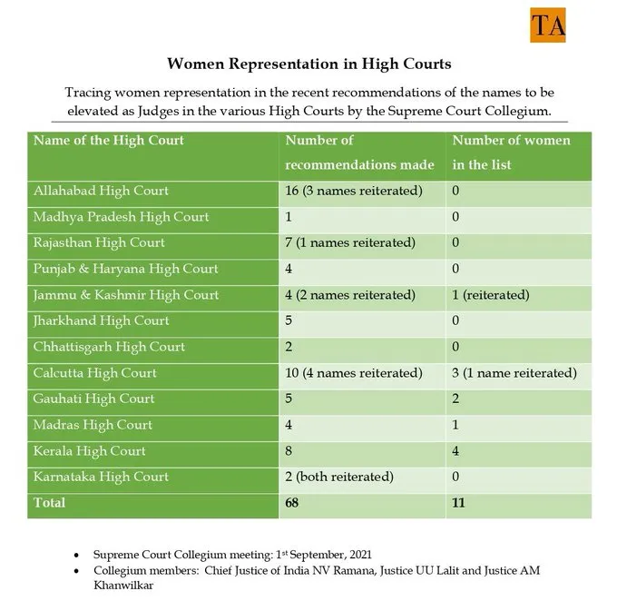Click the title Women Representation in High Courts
[309, 65]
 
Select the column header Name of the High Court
[108, 141]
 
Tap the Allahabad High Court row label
[101, 192]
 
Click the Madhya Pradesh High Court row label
[121, 218]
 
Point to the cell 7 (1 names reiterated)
[350, 243]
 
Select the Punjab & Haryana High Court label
[125, 269]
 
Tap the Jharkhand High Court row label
[101, 320]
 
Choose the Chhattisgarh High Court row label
[109, 347]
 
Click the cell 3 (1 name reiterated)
[514, 373]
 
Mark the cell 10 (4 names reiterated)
[354, 373]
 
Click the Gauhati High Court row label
[93, 399]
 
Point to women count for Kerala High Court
[456, 451]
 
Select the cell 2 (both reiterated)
[339, 478]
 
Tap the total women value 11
[459, 502]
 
